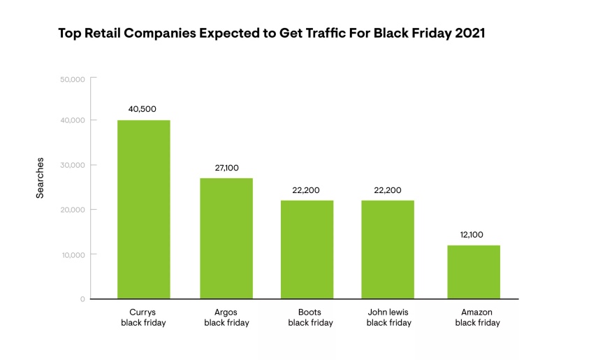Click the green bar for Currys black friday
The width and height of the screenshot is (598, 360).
pyautogui.click(x=143, y=210)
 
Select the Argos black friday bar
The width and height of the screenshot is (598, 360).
pyautogui.click(x=226, y=238)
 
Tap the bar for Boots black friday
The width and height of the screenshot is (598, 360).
pyautogui.click(x=307, y=250)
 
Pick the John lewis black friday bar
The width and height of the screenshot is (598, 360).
pyautogui.click(x=388, y=250)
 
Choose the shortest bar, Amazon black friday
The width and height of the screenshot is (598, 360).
pyautogui.click(x=473, y=272)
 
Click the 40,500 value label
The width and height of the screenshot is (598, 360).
pyautogui.click(x=143, y=109)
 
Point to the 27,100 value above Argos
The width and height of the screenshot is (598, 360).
pyautogui.click(x=226, y=168)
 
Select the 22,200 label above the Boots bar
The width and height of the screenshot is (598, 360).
pyautogui.click(x=307, y=190)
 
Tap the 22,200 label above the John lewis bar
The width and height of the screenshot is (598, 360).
pyautogui.click(x=388, y=190)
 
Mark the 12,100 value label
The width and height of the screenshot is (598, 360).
pyautogui.click(x=473, y=235)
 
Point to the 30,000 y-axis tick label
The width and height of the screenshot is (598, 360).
pyautogui.click(x=73, y=166)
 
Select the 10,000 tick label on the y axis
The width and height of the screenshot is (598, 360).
pyautogui.click(x=73, y=254)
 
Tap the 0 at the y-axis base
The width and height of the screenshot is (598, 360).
pyautogui.click(x=82, y=299)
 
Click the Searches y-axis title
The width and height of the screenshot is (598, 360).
pyautogui.click(x=41, y=178)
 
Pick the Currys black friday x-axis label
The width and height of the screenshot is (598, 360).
pyautogui.click(x=143, y=317)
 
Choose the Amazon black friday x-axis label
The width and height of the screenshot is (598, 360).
pyautogui.click(x=477, y=317)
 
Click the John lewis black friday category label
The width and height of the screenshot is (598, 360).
pyautogui.click(x=388, y=317)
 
